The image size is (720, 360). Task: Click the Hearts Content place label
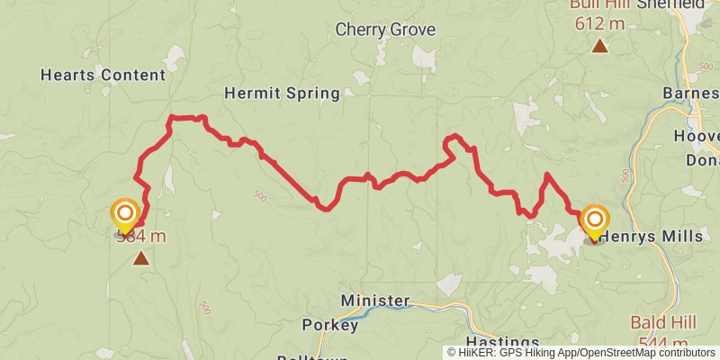[103, 76]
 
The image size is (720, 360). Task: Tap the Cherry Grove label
[385, 30]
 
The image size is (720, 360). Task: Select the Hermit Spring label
[282, 93]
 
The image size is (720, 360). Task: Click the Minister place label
[375, 301]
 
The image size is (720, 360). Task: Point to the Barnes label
[691, 94]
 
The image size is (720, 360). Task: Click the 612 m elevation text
[598, 23]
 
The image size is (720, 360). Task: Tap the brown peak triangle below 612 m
[599, 45]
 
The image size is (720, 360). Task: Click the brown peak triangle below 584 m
[140, 259]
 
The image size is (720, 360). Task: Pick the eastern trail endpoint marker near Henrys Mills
[594, 220]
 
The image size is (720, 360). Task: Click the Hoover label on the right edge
[699, 137]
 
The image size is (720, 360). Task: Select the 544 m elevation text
[663, 343]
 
